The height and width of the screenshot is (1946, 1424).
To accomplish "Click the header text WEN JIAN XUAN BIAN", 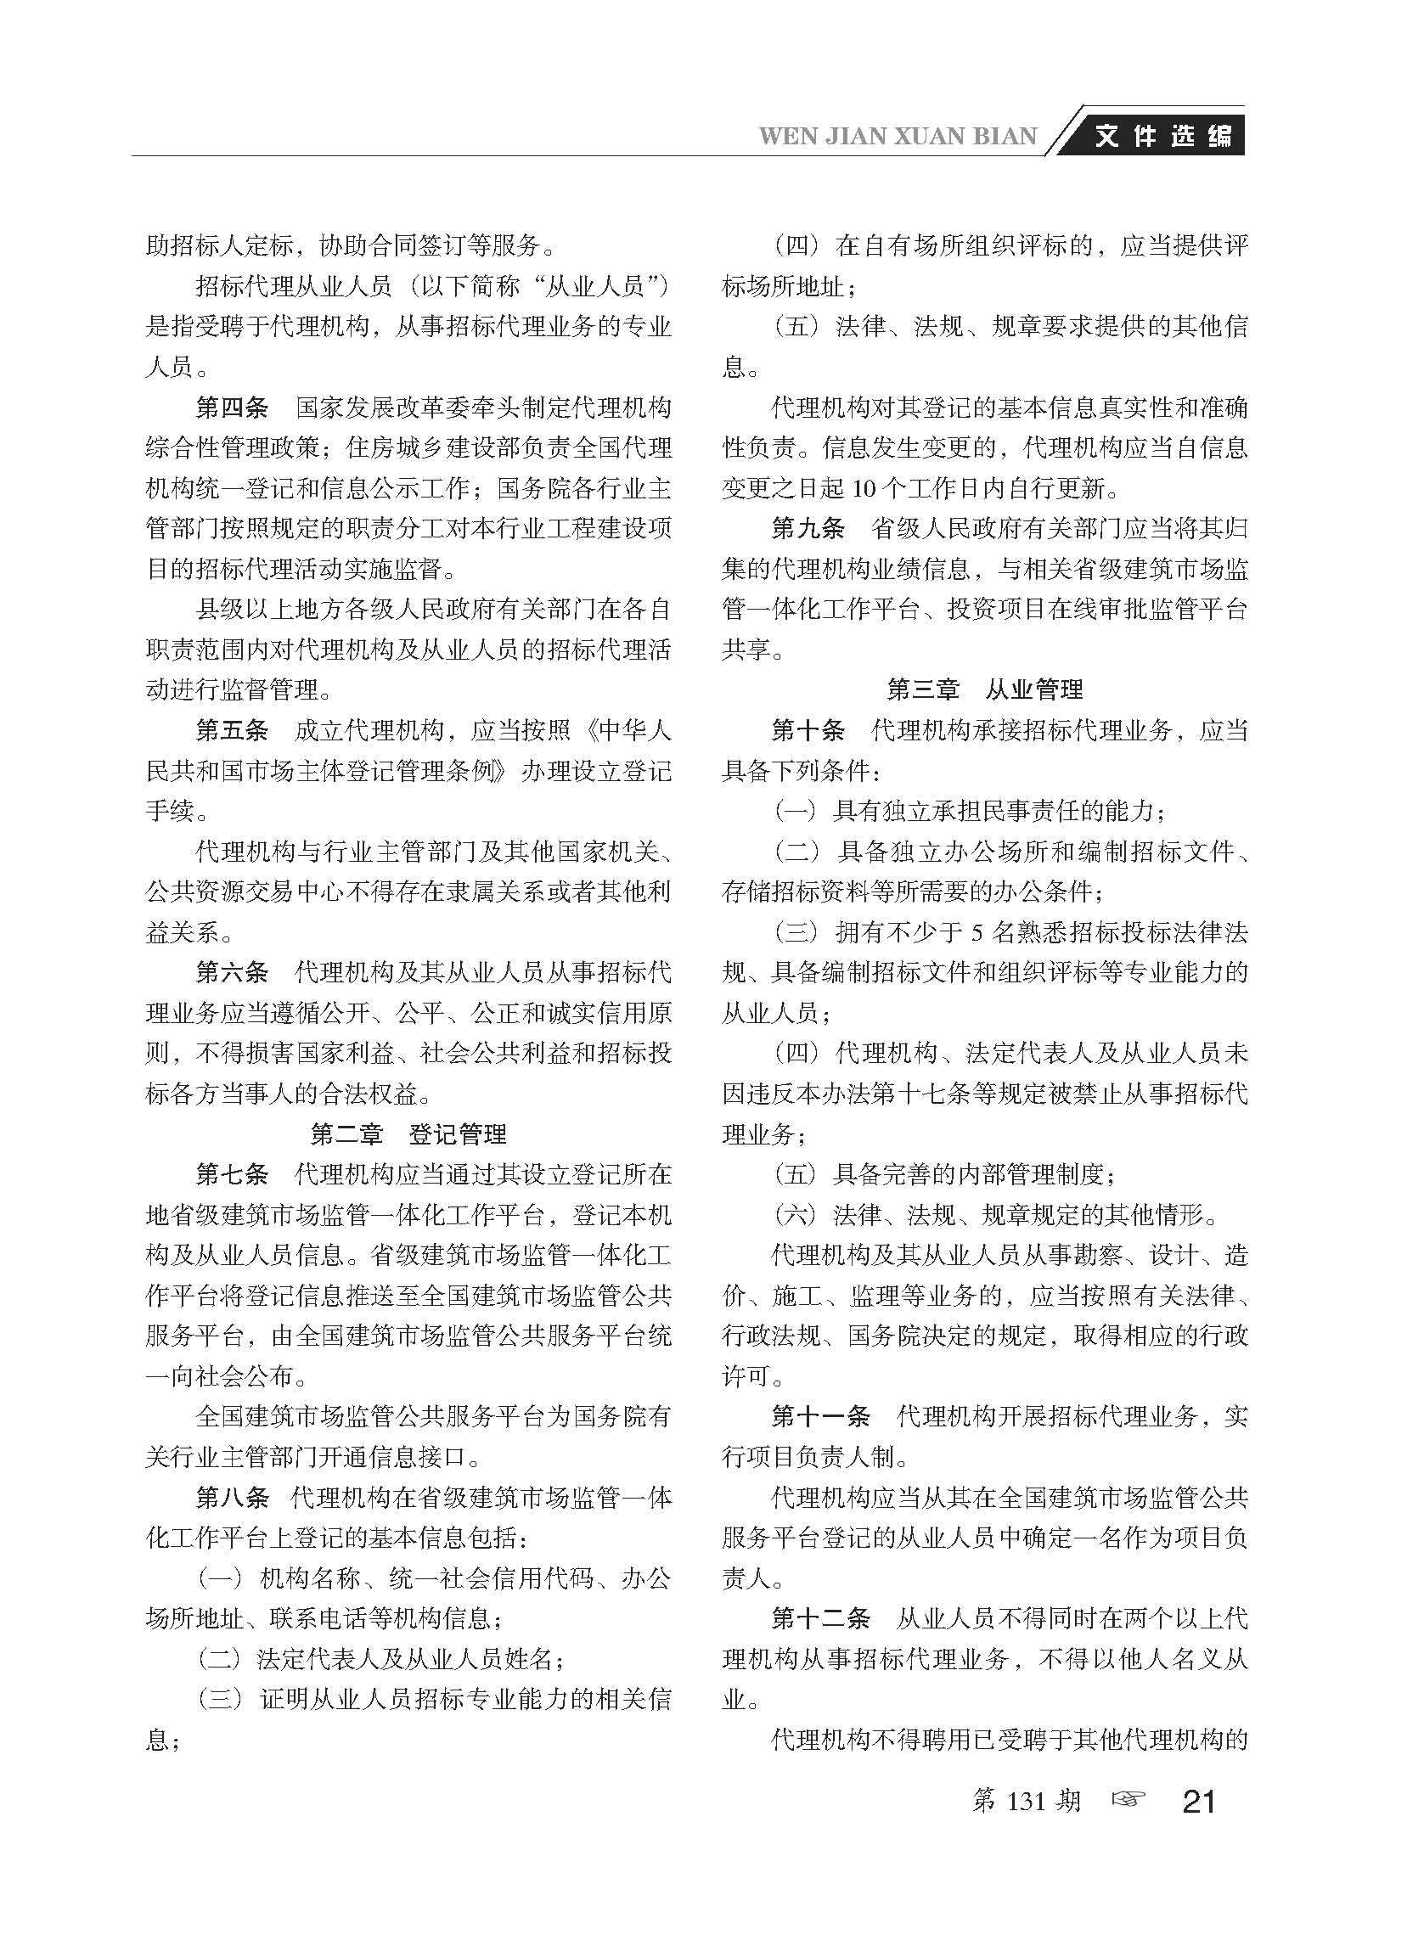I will (x=898, y=137).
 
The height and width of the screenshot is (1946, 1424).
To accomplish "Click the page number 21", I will (x=1200, y=1801).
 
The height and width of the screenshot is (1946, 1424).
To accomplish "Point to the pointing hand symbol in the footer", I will (x=1129, y=1799).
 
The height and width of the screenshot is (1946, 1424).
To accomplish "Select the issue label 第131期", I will (x=1026, y=1800).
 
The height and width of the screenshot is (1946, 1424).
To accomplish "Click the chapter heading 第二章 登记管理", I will (x=408, y=1134).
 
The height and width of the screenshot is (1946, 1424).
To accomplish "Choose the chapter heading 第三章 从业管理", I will (x=984, y=689).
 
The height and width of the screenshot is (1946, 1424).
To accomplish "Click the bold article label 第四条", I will (x=232, y=407).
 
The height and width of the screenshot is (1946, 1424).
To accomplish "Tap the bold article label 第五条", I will (x=232, y=731).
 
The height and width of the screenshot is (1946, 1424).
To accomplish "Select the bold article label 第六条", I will (x=232, y=973).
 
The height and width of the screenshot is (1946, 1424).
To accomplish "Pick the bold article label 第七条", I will (x=232, y=1175).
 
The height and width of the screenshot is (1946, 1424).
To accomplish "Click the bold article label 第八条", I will (x=232, y=1498).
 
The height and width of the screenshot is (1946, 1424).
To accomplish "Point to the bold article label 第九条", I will (x=808, y=528).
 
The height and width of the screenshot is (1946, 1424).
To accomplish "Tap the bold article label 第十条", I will (x=808, y=731).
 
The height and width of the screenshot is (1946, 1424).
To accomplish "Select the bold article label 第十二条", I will (x=819, y=1619).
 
